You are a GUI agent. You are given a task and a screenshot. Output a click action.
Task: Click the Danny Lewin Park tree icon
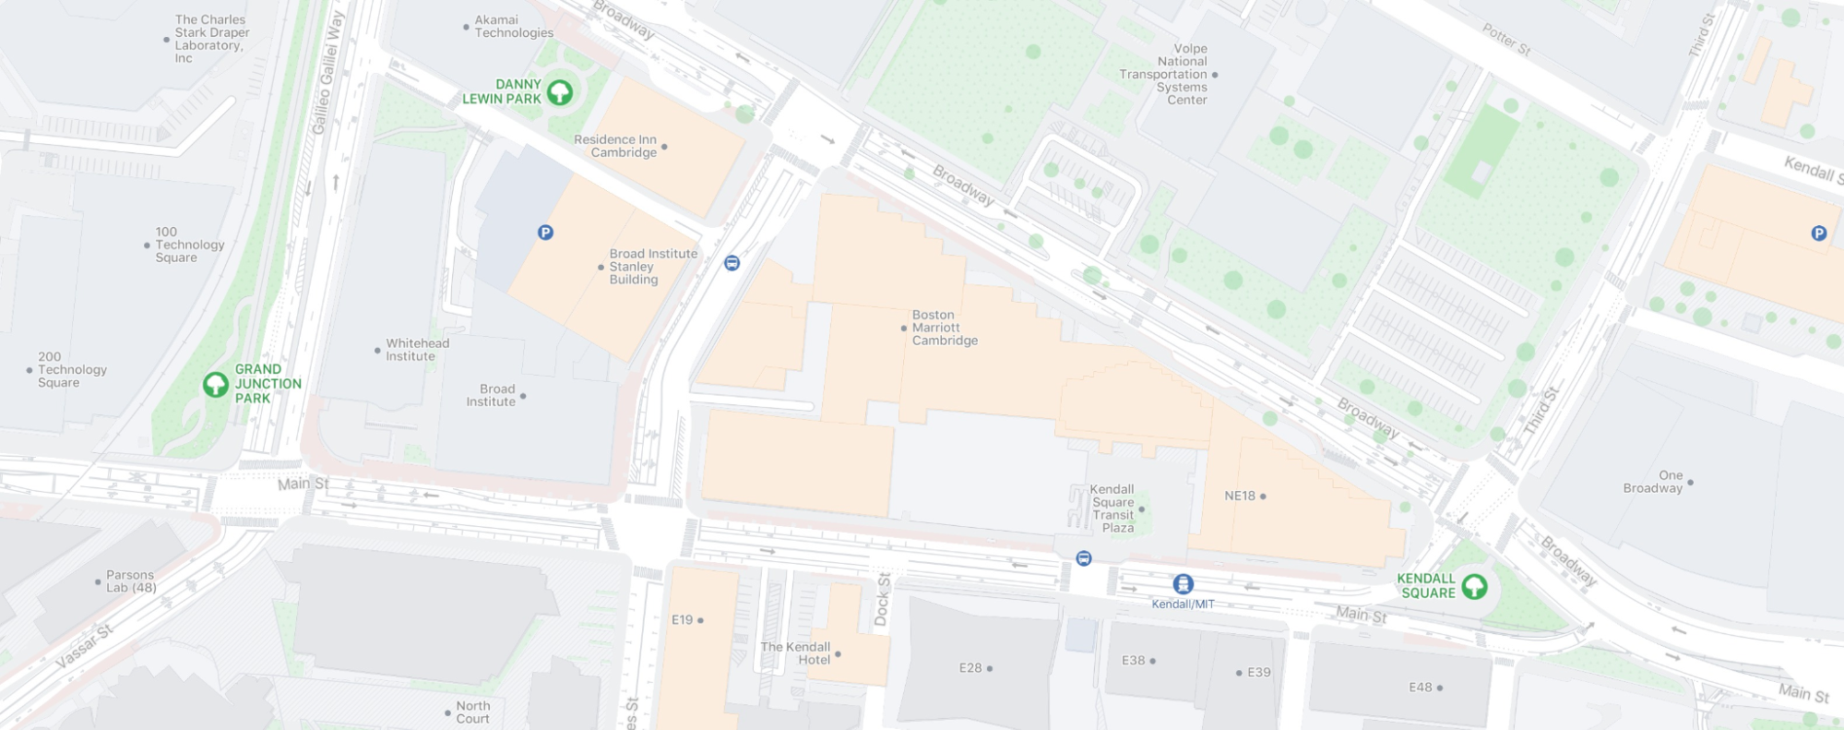[x=559, y=92]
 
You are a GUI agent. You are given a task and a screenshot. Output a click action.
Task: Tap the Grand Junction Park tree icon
[x=216, y=384]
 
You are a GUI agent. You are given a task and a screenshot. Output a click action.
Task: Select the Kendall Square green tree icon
[x=1474, y=586]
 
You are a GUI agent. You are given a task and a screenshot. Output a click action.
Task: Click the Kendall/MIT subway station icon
[x=1183, y=584]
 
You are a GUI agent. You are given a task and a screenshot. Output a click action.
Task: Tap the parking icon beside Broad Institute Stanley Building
[x=545, y=233]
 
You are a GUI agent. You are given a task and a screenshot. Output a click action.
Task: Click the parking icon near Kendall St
[x=1818, y=233]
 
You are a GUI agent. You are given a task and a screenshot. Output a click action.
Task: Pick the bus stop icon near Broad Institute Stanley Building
[x=732, y=263]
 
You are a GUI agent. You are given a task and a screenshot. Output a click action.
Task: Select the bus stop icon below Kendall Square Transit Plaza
[x=1084, y=558]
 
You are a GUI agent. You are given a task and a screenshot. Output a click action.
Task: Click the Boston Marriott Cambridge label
[x=944, y=328]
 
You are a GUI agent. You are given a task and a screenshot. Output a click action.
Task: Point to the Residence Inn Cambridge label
[x=615, y=146]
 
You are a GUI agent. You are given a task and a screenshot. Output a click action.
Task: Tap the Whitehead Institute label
[x=417, y=350]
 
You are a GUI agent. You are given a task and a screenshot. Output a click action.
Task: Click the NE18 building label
[x=1240, y=496]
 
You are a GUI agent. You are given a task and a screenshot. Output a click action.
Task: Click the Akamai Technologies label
[x=513, y=26]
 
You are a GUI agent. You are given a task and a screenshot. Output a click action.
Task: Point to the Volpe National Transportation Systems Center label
[x=1164, y=74]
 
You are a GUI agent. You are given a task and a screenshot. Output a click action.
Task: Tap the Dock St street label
[x=882, y=600]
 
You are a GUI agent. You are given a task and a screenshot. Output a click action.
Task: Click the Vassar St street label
[x=85, y=646]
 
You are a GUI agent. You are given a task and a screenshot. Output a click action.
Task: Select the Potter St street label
[x=1505, y=40]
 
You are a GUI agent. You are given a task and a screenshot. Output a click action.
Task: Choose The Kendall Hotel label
[x=795, y=653]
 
